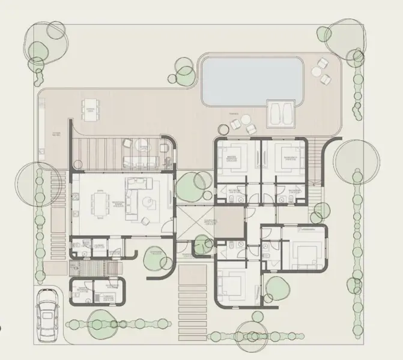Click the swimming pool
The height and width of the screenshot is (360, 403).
click(251, 80)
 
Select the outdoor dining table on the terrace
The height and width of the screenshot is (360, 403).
click(89, 109)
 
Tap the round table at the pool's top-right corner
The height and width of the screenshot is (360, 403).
click(319, 71)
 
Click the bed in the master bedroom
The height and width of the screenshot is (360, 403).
click(230, 160)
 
